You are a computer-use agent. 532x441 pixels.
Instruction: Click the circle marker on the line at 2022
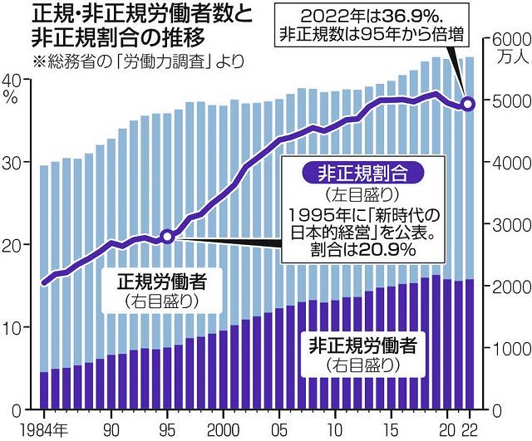click(x=467, y=104)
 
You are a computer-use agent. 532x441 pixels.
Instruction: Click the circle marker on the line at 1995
click(x=167, y=237)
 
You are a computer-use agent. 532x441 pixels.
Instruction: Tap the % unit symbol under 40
click(x=11, y=96)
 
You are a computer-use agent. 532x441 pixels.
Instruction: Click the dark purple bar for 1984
click(x=44, y=390)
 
